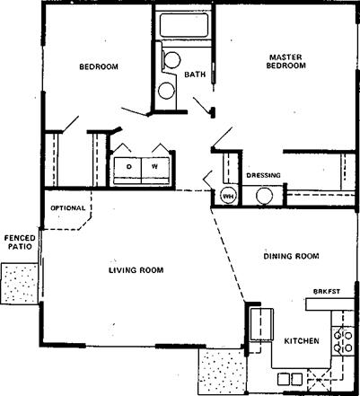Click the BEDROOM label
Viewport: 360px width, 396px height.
pyautogui.click(x=99, y=66)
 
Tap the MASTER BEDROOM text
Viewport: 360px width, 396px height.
pyautogui.click(x=286, y=61)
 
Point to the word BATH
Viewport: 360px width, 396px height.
pyautogui.click(x=195, y=75)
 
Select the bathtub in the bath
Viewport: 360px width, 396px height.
pyautogui.click(x=184, y=25)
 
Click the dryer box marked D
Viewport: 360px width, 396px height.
pyautogui.click(x=127, y=171)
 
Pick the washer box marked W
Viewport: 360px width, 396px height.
pyautogui.click(x=155, y=171)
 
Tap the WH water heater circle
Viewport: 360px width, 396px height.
pyautogui.click(x=229, y=197)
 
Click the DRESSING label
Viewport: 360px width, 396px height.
pyautogui.click(x=264, y=175)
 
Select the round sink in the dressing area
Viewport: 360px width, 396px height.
pyautogui.click(x=265, y=196)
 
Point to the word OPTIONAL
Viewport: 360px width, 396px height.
pyautogui.click(x=68, y=208)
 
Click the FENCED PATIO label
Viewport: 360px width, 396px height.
pyautogui.click(x=20, y=242)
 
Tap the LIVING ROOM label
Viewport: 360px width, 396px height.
pyautogui.click(x=136, y=270)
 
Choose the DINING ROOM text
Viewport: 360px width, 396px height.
pyautogui.click(x=291, y=256)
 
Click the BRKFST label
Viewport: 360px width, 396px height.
pyautogui.click(x=327, y=291)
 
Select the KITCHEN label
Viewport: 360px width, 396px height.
pyautogui.click(x=302, y=341)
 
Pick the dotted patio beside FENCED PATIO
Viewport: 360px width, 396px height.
pyautogui.click(x=20, y=284)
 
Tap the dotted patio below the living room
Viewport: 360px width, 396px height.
pyautogui.click(x=223, y=371)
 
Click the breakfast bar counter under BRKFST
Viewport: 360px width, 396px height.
pyautogui.click(x=329, y=304)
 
